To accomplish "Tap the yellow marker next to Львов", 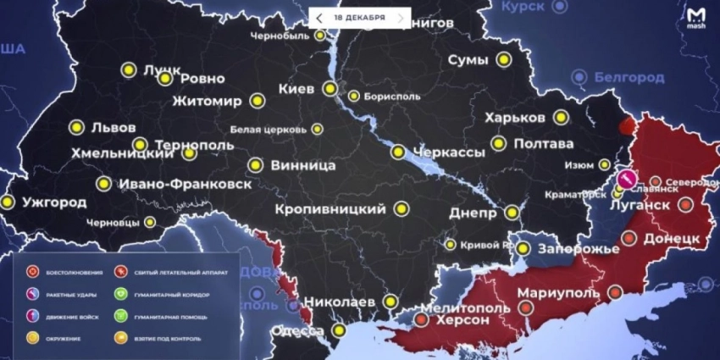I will [75, 128].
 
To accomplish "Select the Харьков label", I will [515, 118].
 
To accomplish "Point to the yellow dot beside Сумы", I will [504, 60].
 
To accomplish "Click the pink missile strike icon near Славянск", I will [626, 179].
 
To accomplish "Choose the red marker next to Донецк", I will [629, 239].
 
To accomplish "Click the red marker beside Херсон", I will [421, 320].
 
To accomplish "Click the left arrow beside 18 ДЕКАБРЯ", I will [318, 18].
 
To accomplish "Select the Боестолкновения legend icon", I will [34, 272].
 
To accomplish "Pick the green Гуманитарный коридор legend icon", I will [122, 294].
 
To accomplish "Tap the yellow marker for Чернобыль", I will [320, 36].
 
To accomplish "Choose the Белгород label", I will [629, 78].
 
